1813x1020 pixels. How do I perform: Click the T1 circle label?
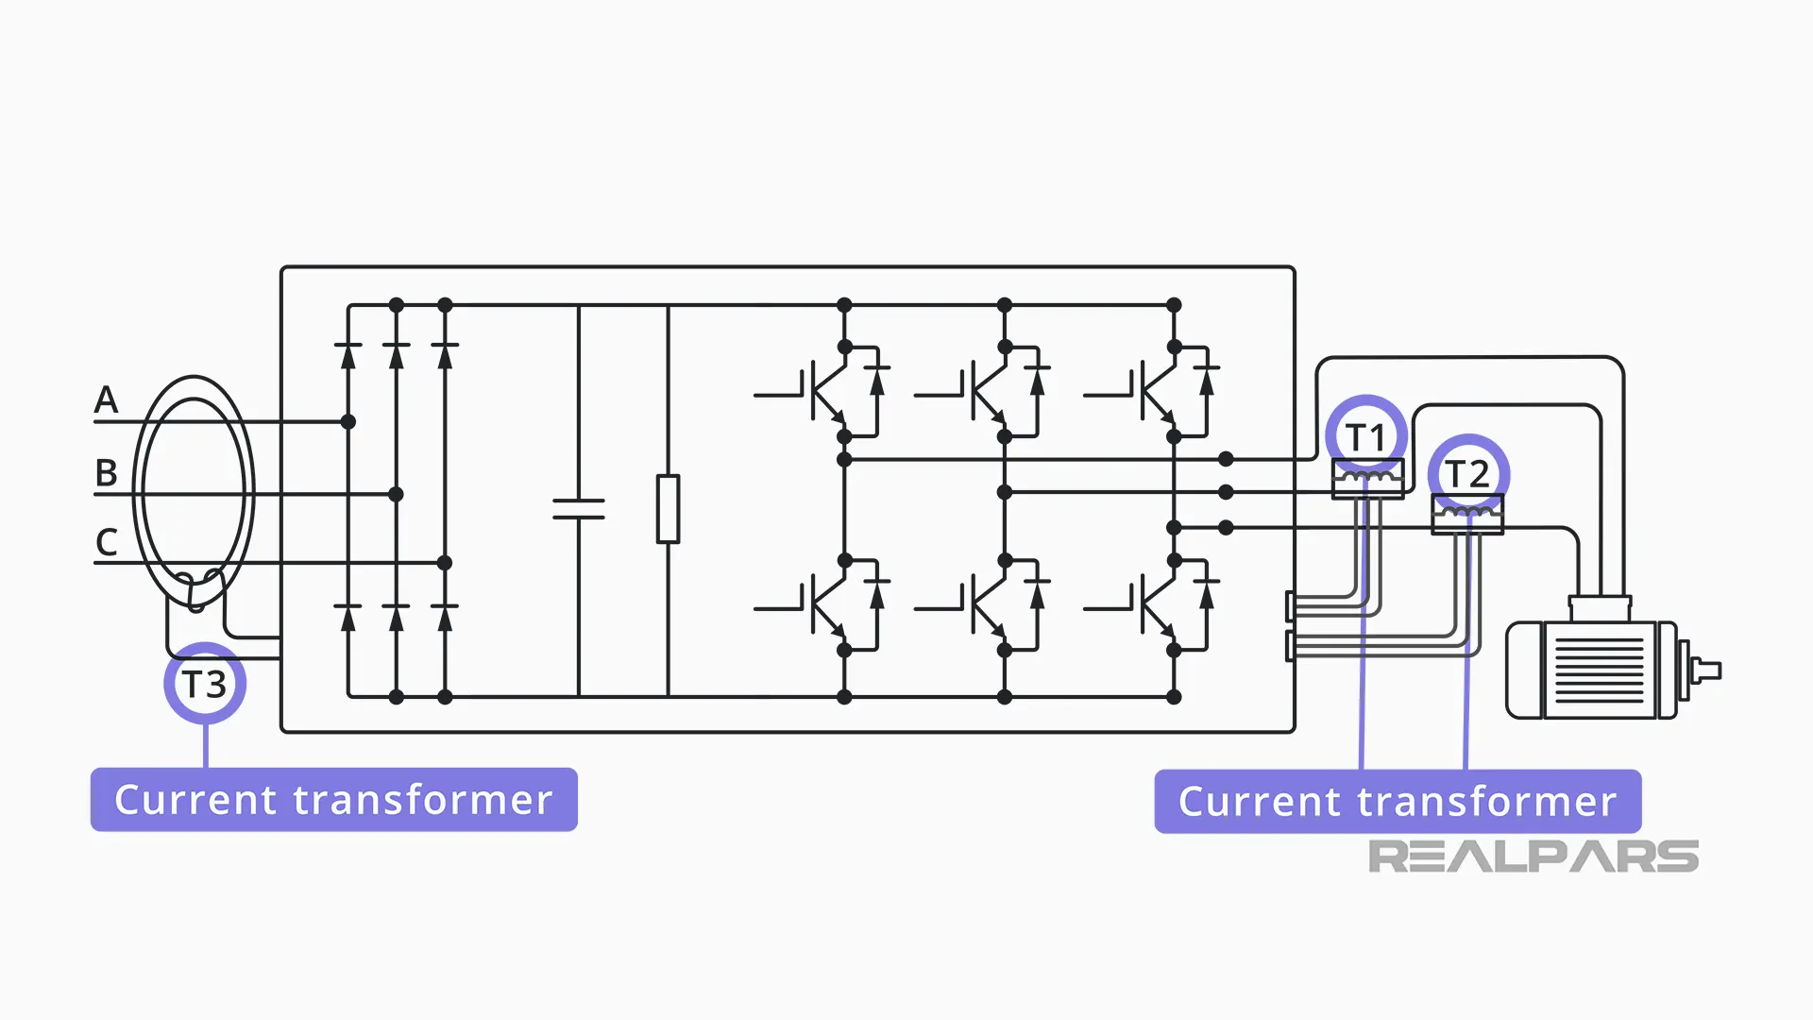click(1365, 437)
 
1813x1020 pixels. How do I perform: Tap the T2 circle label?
click(1467, 474)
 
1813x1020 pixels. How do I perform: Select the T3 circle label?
click(205, 684)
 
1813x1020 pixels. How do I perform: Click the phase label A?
click(106, 399)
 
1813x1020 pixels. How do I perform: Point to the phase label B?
click(106, 472)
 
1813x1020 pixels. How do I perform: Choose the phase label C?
click(106, 542)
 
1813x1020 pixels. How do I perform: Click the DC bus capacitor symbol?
click(578, 509)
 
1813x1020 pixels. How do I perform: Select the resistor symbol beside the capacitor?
click(668, 509)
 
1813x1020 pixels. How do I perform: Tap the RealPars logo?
click(1533, 857)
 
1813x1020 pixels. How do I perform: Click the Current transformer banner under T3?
click(333, 800)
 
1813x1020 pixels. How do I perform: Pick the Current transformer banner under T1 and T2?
click(1397, 802)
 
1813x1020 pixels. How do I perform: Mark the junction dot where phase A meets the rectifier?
click(347, 422)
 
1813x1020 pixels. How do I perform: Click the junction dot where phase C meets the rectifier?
click(445, 563)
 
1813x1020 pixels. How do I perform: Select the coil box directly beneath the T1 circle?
click(1366, 478)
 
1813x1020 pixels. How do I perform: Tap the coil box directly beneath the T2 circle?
click(1466, 515)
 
